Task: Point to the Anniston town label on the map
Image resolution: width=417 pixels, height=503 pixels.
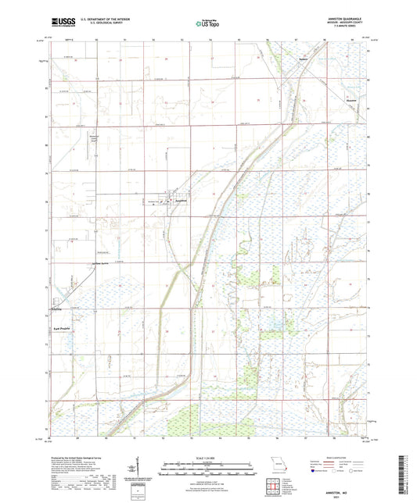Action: pyautogui.click(x=181, y=201)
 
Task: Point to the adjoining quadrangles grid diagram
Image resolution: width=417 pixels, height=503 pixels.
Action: pyautogui.click(x=273, y=486)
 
